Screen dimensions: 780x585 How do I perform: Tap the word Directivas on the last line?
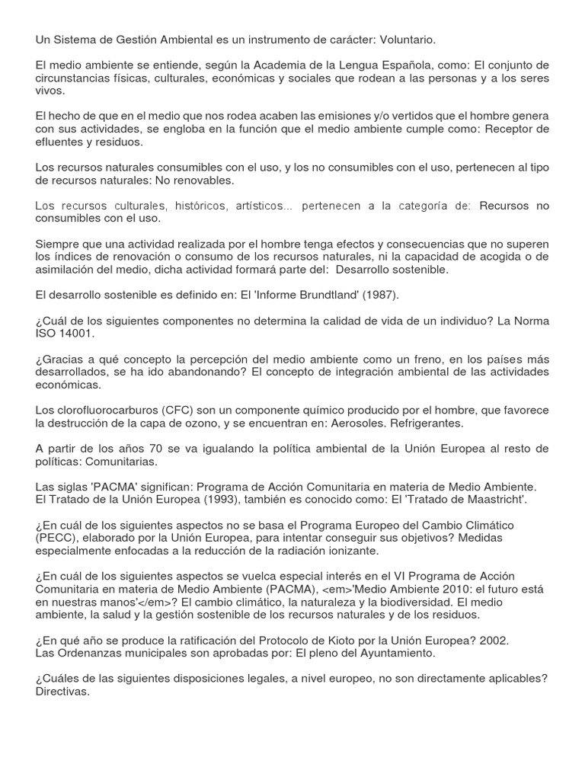(x=62, y=692)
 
